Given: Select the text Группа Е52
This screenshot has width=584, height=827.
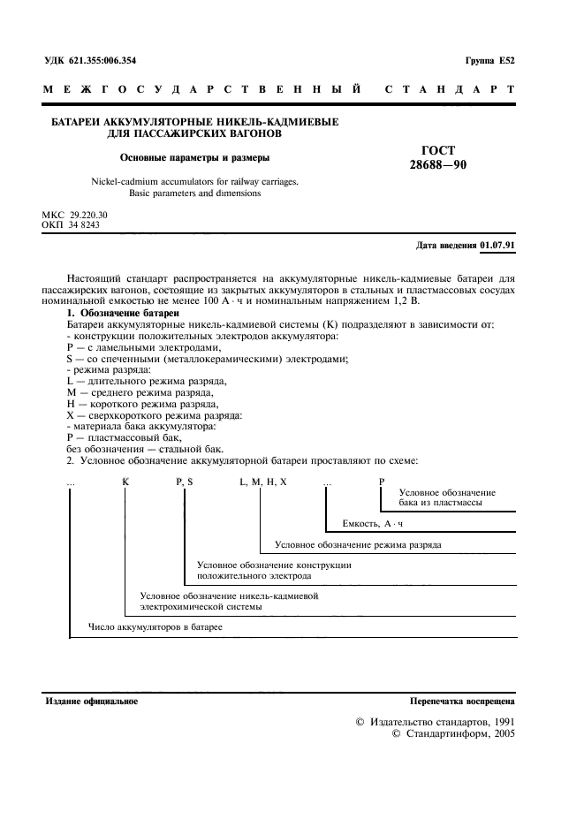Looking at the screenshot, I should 489,61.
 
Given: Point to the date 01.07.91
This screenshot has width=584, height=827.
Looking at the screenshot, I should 497,245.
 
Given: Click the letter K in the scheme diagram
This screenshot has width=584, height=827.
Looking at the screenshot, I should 125,481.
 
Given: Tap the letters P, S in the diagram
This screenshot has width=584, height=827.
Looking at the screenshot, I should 184,481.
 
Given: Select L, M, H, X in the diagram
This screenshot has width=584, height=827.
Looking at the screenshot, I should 263,481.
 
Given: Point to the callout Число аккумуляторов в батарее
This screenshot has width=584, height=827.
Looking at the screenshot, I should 155,626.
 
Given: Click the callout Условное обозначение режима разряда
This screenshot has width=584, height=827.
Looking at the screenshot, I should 358,544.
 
